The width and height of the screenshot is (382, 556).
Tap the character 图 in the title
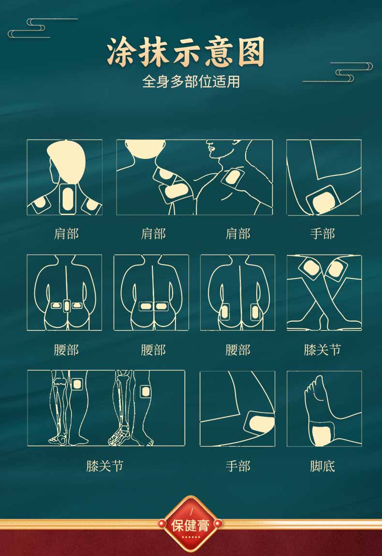tap(251, 52)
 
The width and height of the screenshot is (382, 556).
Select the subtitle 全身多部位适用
tap(191, 81)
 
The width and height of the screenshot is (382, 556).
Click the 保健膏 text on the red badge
tap(191, 525)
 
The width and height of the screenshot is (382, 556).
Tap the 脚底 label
tap(323, 466)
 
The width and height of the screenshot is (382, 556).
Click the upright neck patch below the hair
tap(67, 199)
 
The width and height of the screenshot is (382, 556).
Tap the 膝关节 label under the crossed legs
tap(323, 350)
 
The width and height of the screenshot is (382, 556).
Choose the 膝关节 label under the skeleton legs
tap(105, 466)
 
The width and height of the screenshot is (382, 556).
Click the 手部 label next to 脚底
tap(238, 466)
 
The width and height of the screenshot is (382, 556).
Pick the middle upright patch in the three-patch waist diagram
tap(67, 306)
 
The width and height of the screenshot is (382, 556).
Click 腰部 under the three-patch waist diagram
tap(66, 350)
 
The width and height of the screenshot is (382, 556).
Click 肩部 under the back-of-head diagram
tap(66, 233)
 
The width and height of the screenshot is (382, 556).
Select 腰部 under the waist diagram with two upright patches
tap(238, 350)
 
